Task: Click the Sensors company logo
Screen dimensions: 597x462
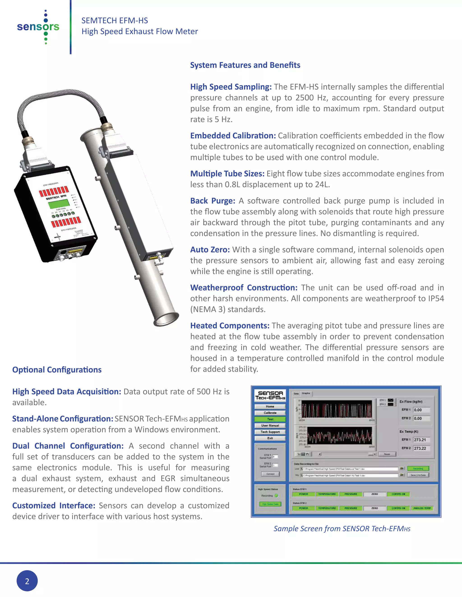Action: (x=38, y=27)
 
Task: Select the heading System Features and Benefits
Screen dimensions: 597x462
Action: (x=245, y=65)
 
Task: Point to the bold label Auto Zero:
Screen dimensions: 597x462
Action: (x=210, y=250)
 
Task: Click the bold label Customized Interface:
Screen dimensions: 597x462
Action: (x=54, y=506)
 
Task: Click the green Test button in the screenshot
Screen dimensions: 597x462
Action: (x=270, y=419)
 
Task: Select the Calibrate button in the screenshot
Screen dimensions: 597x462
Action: (x=270, y=413)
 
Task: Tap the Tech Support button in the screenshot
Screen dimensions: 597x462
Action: (x=270, y=432)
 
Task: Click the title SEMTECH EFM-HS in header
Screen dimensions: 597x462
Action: (x=115, y=21)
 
